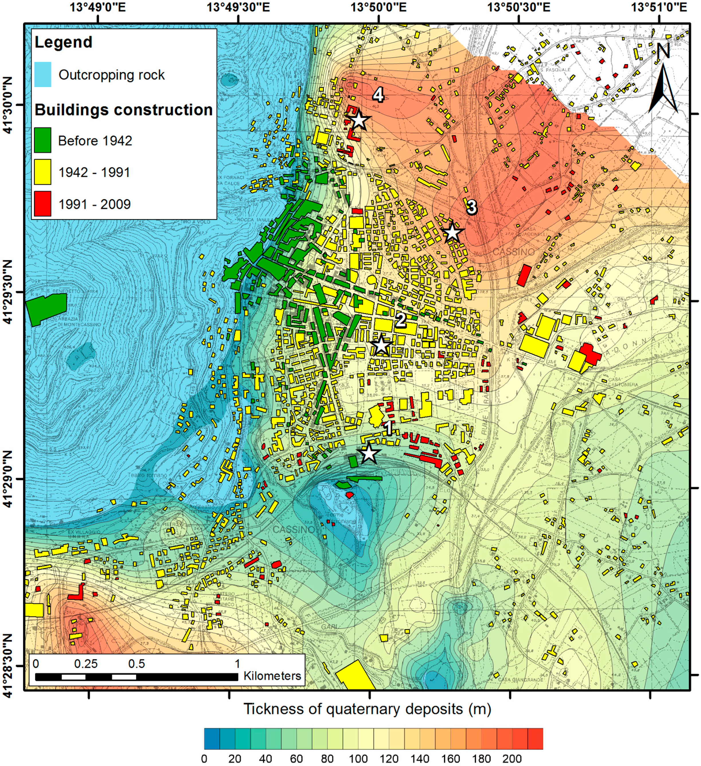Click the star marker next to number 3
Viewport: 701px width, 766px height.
click(x=452, y=232)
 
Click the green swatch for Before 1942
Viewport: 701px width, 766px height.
click(x=42, y=140)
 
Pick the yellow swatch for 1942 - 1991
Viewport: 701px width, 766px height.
click(x=42, y=172)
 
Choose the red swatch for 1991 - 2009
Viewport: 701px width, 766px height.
click(x=42, y=204)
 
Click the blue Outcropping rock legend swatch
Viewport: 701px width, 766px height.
click(x=42, y=75)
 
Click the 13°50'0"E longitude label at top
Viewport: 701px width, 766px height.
click(x=378, y=7)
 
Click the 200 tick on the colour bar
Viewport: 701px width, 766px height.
click(x=512, y=759)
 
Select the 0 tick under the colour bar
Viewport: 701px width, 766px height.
click(x=204, y=759)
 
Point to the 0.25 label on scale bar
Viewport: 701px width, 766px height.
click(x=86, y=664)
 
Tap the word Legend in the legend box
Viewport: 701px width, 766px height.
click(x=63, y=42)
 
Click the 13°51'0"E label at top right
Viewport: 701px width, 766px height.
click(x=659, y=7)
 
